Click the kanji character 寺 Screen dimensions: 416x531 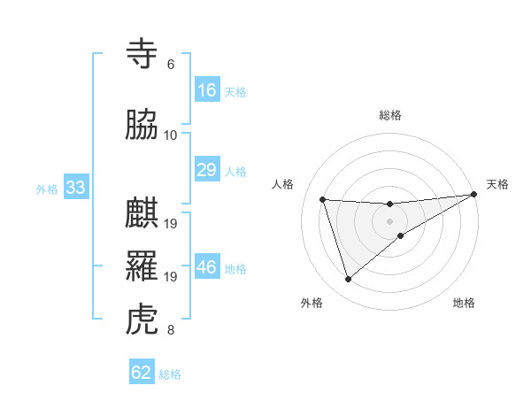(x=143, y=55)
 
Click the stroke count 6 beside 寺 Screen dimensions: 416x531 (x=170, y=65)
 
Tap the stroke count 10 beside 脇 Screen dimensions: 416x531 (x=170, y=135)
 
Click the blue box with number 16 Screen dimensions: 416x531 (x=206, y=90)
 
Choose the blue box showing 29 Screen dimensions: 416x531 (x=206, y=170)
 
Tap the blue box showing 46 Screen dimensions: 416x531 (x=206, y=267)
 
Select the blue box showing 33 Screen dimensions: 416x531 (x=74, y=188)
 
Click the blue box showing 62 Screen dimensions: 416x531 (x=142, y=373)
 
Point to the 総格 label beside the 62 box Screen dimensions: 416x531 (x=170, y=374)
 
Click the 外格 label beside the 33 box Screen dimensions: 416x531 (x=47, y=189)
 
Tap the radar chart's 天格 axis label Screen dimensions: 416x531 (x=497, y=184)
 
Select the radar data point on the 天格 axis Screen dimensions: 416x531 (x=473, y=194)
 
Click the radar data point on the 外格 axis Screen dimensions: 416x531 (x=348, y=280)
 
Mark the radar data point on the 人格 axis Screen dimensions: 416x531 (x=323, y=199)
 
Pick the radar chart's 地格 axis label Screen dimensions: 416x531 (x=464, y=304)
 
